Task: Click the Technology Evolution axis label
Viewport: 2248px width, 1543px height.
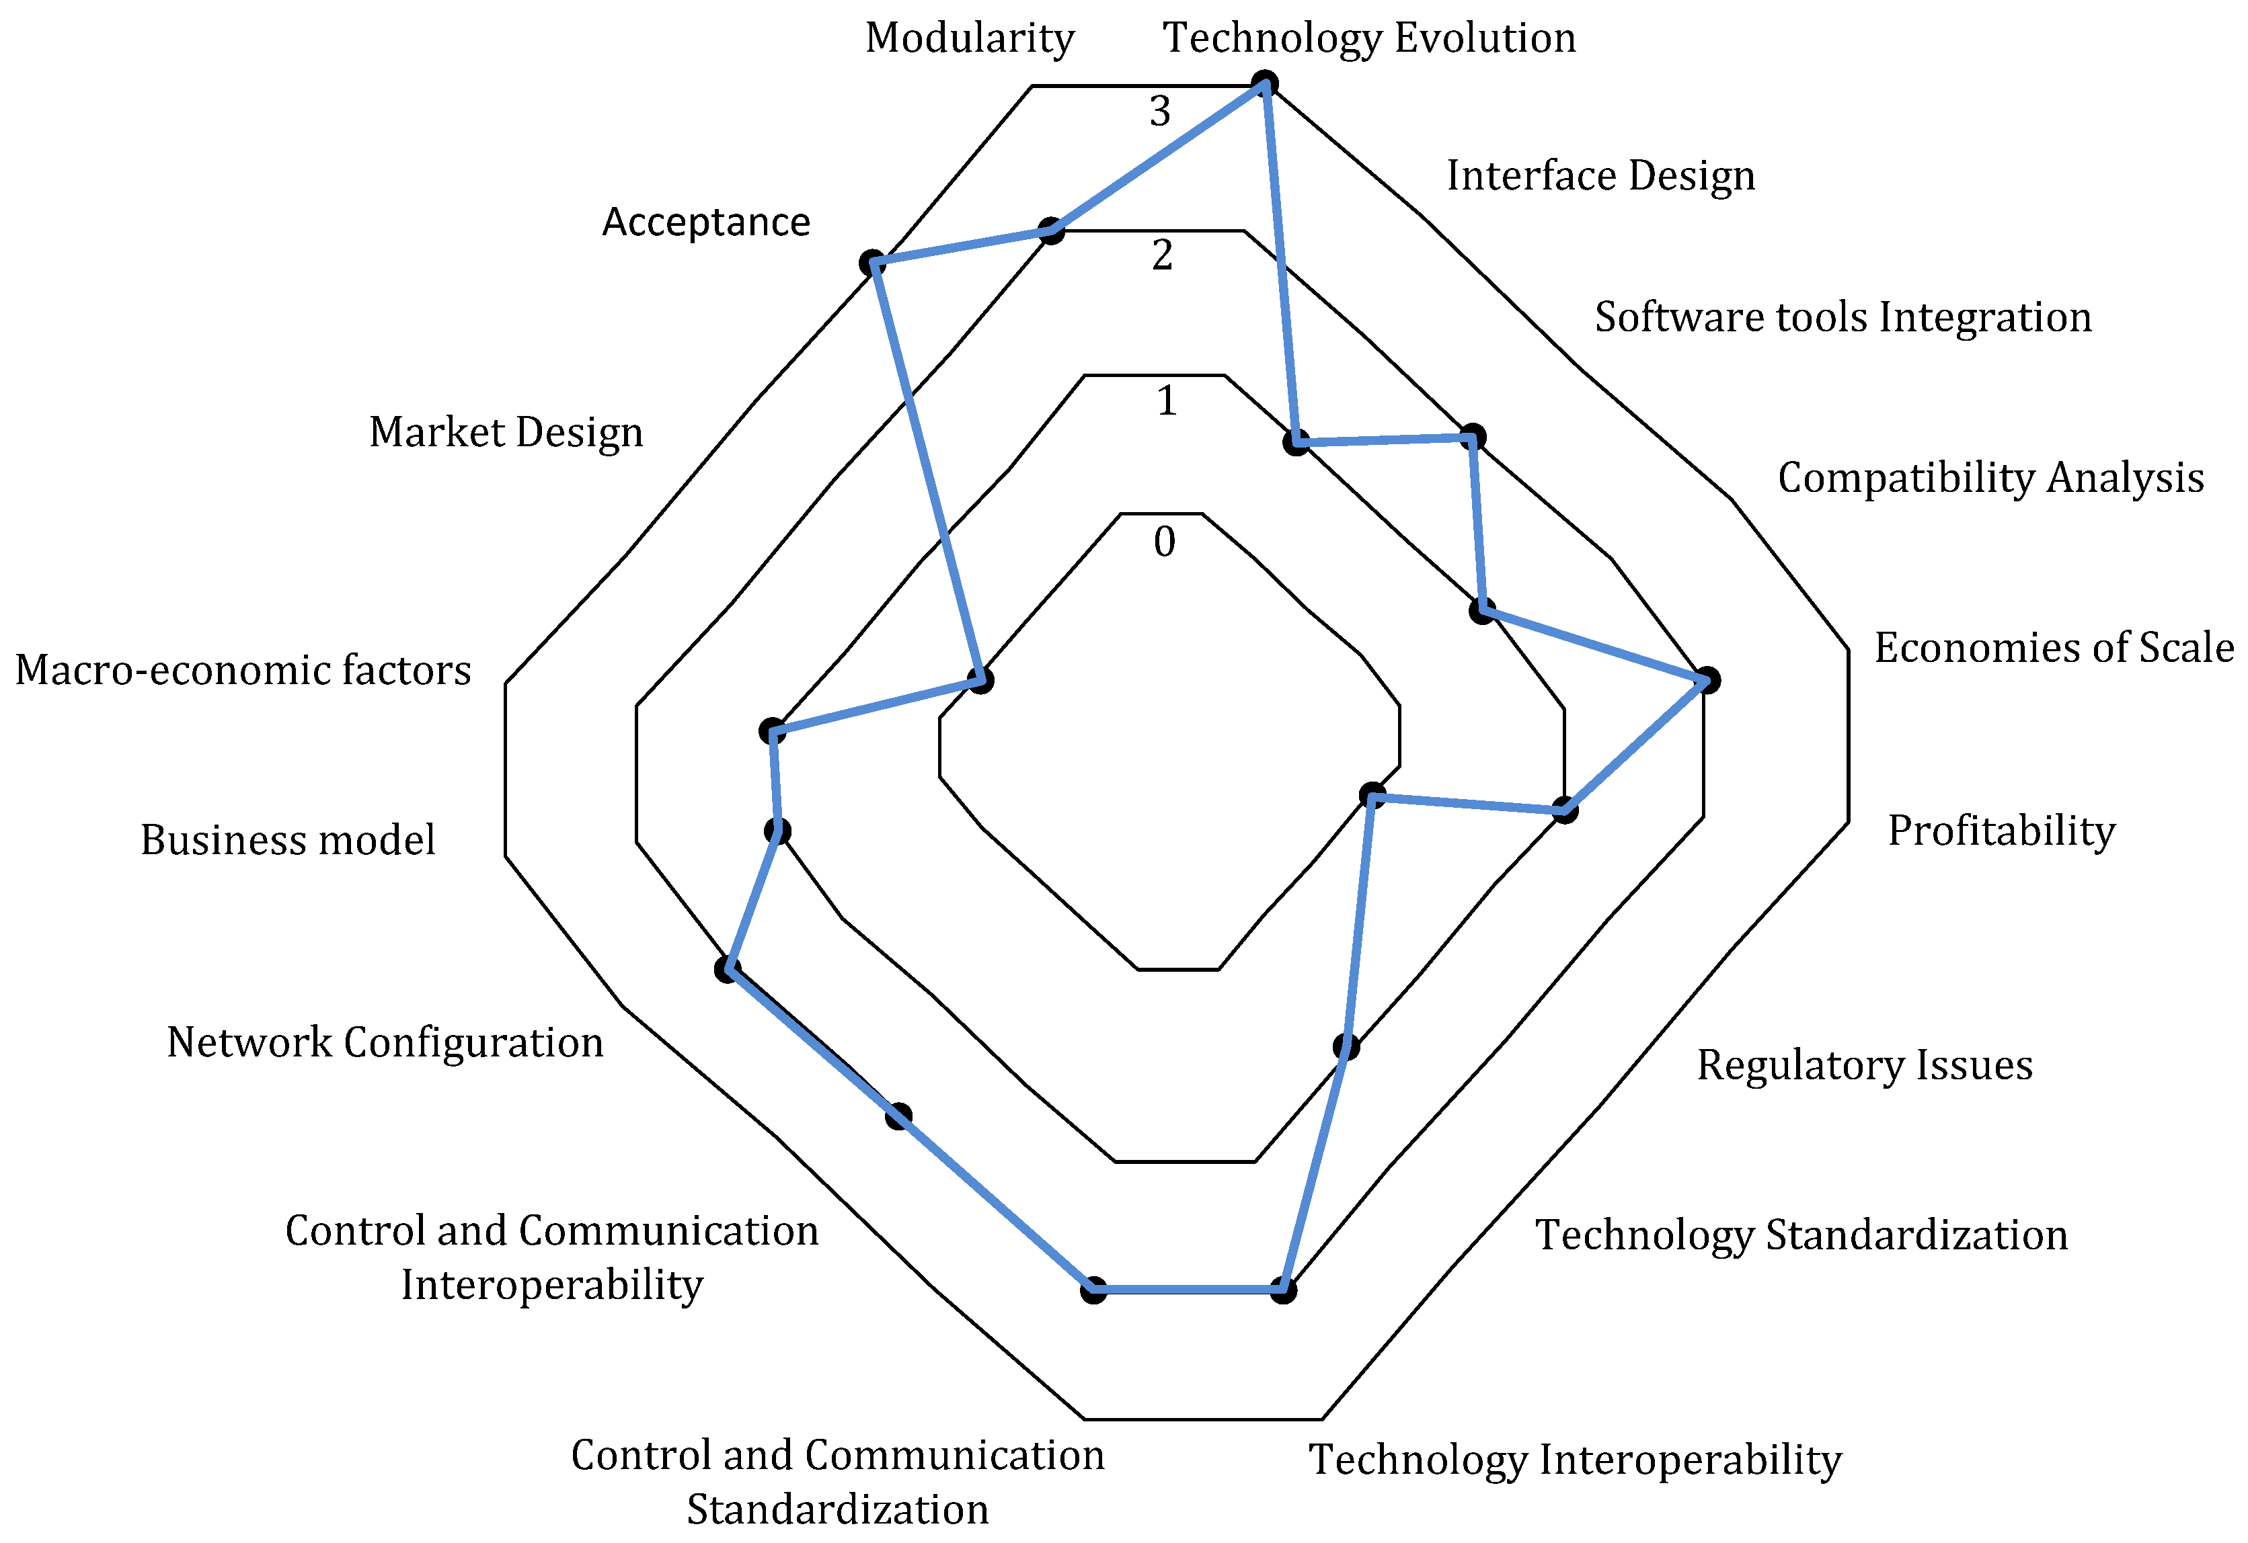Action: click(x=1368, y=39)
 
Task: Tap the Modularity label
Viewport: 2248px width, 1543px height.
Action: click(x=969, y=39)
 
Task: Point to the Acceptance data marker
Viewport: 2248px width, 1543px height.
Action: click(x=872, y=263)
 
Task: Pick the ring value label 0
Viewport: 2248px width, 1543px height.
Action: click(x=1165, y=542)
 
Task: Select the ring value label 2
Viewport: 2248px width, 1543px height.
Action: click(x=1162, y=256)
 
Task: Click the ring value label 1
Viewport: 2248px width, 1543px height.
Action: click(x=1167, y=401)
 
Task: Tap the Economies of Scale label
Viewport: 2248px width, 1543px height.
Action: click(x=2054, y=648)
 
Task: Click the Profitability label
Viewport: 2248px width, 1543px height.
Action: click(x=2001, y=831)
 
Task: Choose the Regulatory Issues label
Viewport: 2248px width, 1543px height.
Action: click(x=1864, y=1065)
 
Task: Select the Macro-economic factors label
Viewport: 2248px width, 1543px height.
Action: click(x=243, y=670)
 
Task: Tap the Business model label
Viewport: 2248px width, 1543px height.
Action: click(x=287, y=839)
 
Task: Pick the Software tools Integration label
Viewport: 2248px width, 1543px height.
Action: click(x=1843, y=317)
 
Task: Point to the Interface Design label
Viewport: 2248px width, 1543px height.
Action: click(x=1600, y=176)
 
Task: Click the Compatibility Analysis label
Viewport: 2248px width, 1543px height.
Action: click(x=1990, y=478)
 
